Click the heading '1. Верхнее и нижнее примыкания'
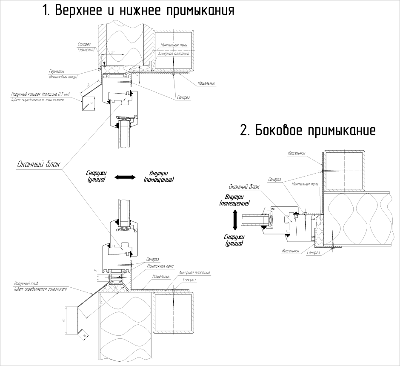(x=138, y=11)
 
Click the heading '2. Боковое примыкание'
(x=308, y=130)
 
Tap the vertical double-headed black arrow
(x=234, y=221)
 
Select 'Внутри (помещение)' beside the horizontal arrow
(x=159, y=177)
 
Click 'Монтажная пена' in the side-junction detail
(x=306, y=184)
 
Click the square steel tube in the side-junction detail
(x=343, y=170)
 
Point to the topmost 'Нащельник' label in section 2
(x=297, y=152)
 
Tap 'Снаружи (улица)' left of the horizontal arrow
(x=96, y=177)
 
